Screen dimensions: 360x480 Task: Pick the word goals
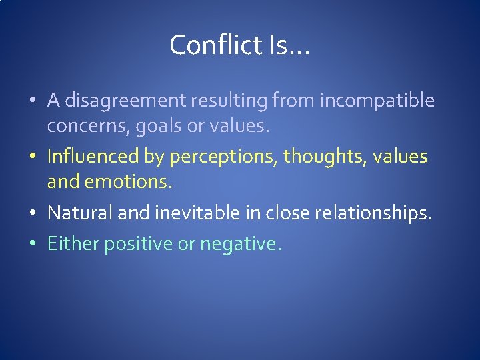156,126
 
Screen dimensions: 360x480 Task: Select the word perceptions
224,157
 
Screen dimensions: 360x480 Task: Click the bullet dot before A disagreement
33,101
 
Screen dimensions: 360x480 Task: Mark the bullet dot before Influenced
33,157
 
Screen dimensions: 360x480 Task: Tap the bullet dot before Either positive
33,245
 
